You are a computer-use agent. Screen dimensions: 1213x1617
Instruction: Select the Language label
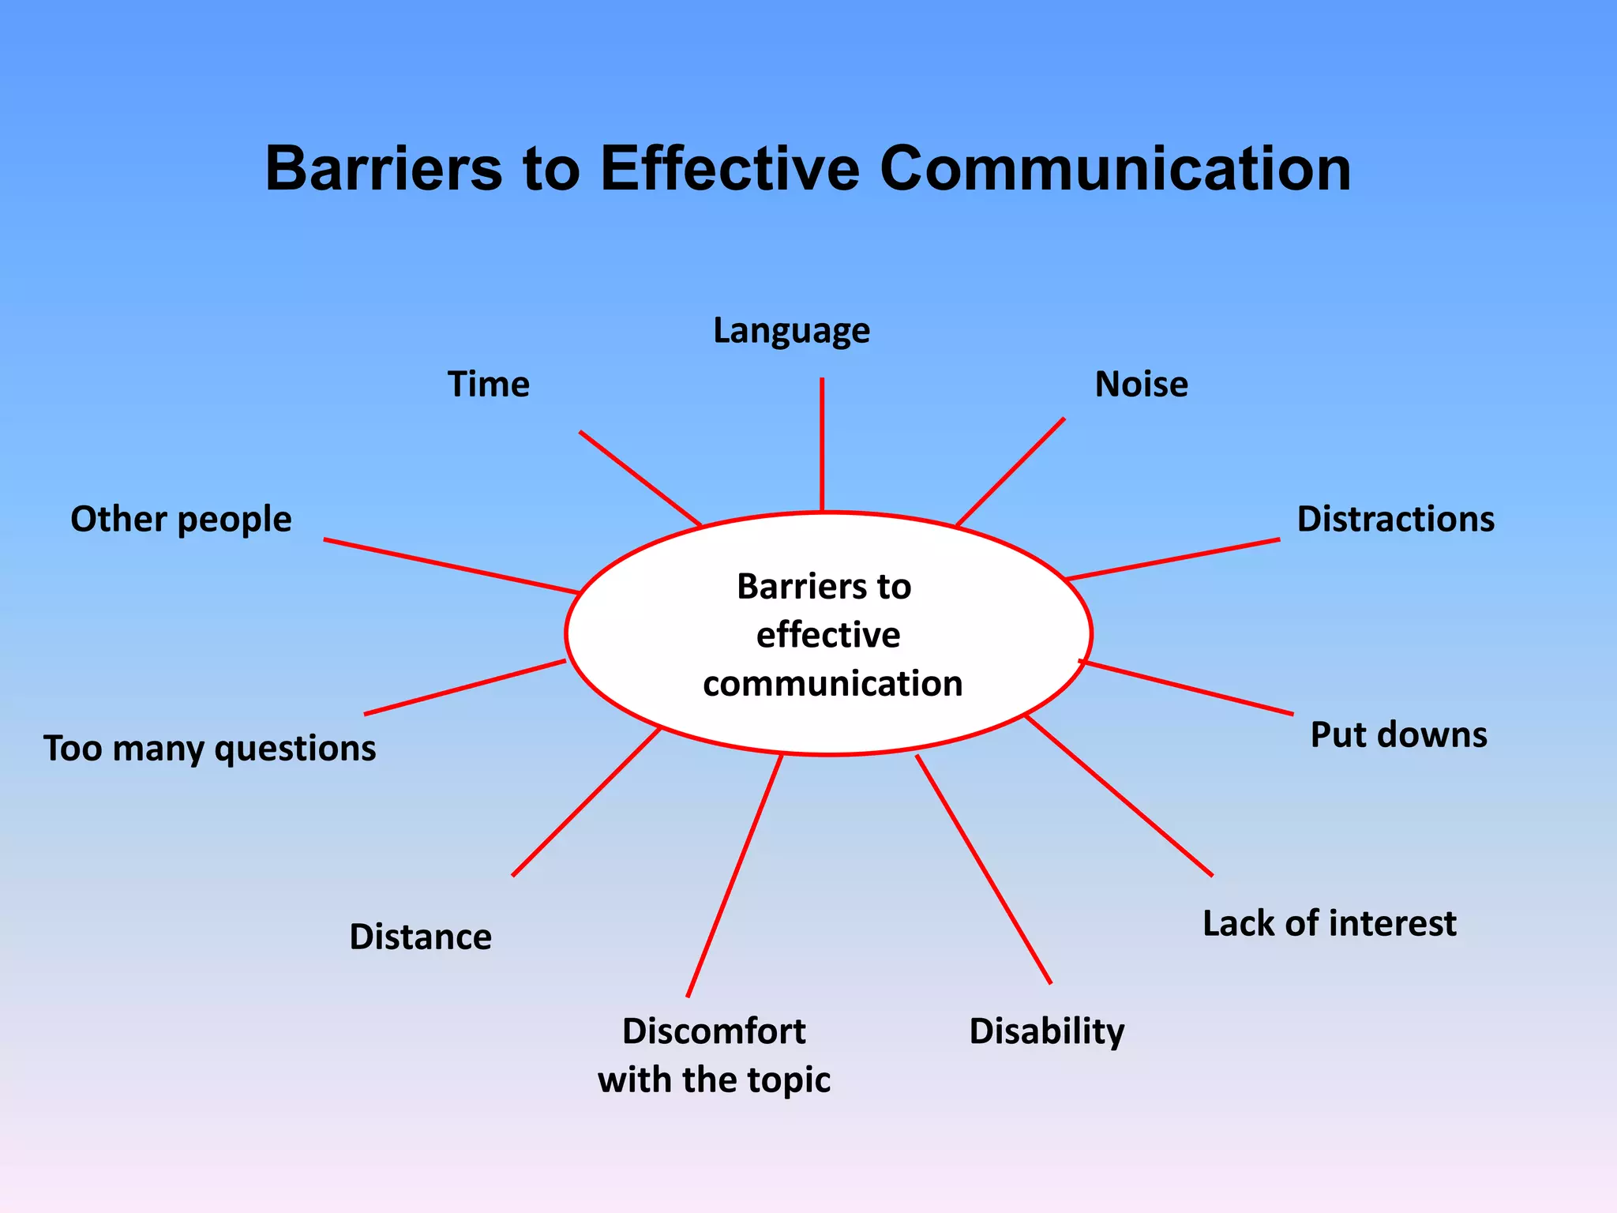pyautogui.click(x=791, y=331)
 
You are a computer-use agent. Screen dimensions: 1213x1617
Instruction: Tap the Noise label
pyautogui.click(x=1141, y=385)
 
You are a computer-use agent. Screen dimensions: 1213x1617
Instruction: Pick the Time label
pyautogui.click(x=489, y=385)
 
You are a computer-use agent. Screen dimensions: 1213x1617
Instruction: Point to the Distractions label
pyautogui.click(x=1395, y=520)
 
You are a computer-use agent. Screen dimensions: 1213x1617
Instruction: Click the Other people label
pyautogui.click(x=181, y=520)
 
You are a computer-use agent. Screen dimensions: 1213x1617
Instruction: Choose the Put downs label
pyautogui.click(x=1398, y=734)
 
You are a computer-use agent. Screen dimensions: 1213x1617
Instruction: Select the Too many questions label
pyautogui.click(x=209, y=749)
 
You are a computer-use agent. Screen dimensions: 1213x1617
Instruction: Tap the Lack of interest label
pyautogui.click(x=1329, y=923)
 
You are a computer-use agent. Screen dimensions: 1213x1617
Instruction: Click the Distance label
pyautogui.click(x=420, y=937)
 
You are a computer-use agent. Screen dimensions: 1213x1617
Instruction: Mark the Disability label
pyautogui.click(x=1046, y=1031)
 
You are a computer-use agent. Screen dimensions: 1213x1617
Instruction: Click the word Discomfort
pyautogui.click(x=714, y=1031)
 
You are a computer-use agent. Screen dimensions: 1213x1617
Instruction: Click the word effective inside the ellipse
pyautogui.click(x=827, y=635)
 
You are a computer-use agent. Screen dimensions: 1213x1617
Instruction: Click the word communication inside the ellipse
pyautogui.click(x=832, y=684)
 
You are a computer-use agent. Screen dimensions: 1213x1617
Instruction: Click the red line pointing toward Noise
pyautogui.click(x=1011, y=471)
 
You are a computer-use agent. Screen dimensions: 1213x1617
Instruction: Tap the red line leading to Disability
pyautogui.click(x=984, y=869)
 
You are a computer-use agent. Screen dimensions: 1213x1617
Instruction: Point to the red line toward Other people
pyautogui.click(x=452, y=566)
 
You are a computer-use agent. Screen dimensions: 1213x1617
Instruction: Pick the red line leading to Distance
pyautogui.click(x=586, y=802)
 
